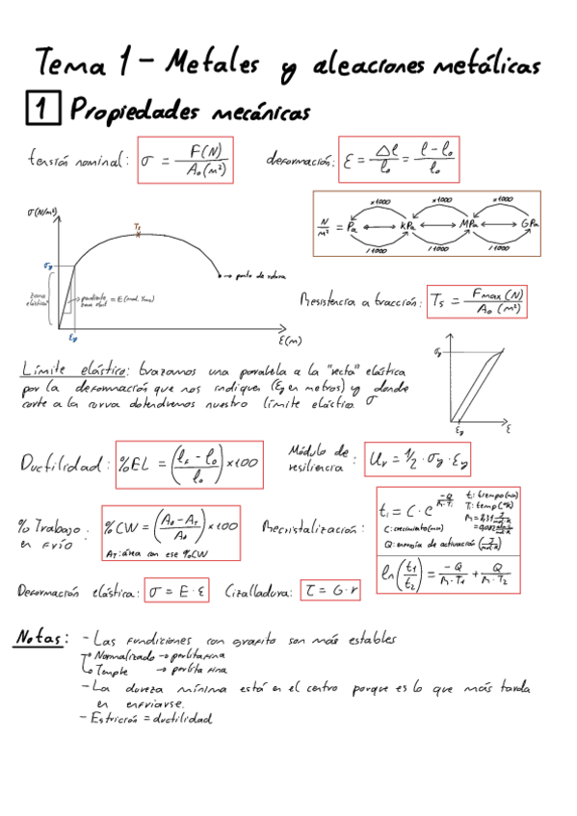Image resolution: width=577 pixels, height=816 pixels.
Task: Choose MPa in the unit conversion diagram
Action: (x=470, y=224)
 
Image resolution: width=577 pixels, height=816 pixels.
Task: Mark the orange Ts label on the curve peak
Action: (x=139, y=227)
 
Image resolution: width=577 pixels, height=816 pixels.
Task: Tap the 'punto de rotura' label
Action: (x=263, y=276)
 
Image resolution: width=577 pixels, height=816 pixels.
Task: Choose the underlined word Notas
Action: (x=41, y=636)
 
